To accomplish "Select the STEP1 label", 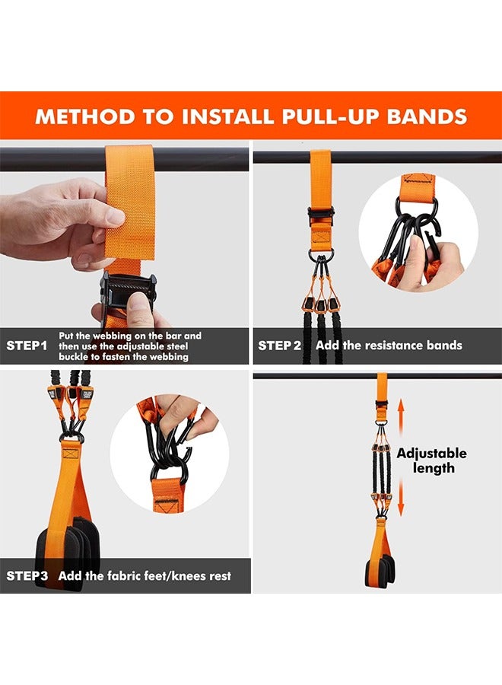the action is click(27, 346).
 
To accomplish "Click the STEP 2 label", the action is click(279, 346).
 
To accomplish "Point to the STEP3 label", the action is click(27, 575).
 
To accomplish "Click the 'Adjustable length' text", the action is click(431, 460).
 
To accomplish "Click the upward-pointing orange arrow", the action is click(401, 417).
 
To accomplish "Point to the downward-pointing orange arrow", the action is click(401, 498).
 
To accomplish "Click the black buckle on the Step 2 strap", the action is click(321, 216).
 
